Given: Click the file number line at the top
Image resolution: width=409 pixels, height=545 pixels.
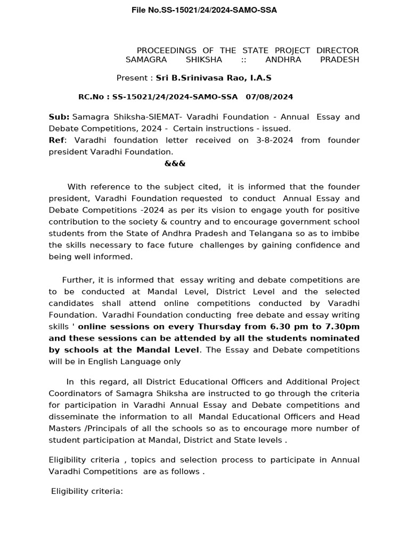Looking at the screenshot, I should tap(204, 10).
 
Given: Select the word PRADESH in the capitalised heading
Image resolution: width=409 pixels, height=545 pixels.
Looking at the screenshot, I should tap(339, 60).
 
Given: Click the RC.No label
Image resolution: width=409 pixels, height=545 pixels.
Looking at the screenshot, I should tap(94, 97).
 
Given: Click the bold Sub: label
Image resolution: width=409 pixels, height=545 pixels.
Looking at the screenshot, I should tap(59, 117).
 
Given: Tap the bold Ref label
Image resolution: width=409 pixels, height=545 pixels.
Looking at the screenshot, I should tap(56, 141).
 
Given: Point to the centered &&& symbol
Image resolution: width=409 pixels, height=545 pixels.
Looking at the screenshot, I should tap(175, 163).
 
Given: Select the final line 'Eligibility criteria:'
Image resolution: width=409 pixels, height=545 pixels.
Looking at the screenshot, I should tap(87, 491).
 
